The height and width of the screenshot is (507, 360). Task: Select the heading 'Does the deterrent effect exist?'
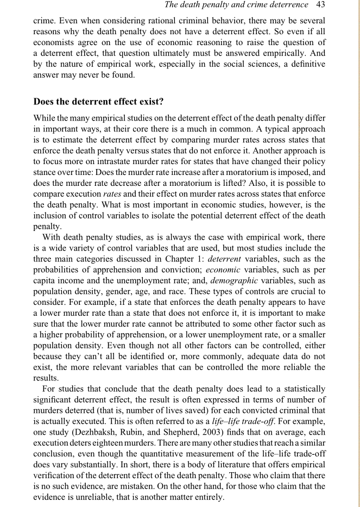(x=99, y=101)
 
